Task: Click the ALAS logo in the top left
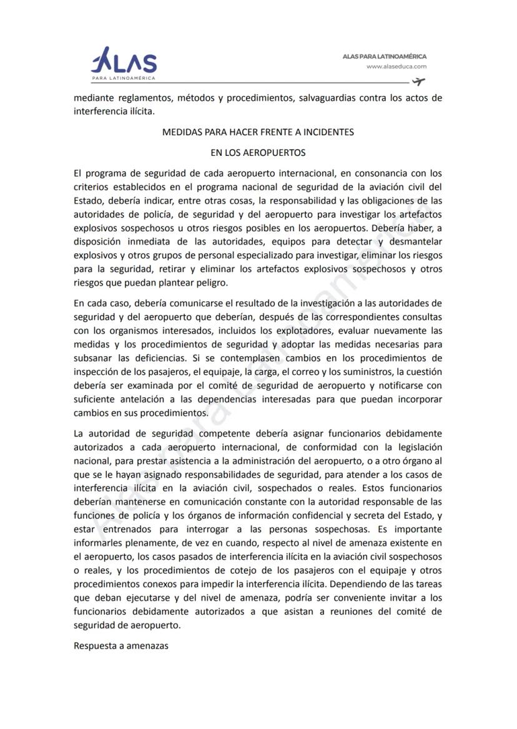coord(124,64)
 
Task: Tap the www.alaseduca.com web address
coord(396,66)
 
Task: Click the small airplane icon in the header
coord(418,82)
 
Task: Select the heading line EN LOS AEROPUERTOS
coord(258,152)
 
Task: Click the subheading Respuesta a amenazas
coord(121,645)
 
